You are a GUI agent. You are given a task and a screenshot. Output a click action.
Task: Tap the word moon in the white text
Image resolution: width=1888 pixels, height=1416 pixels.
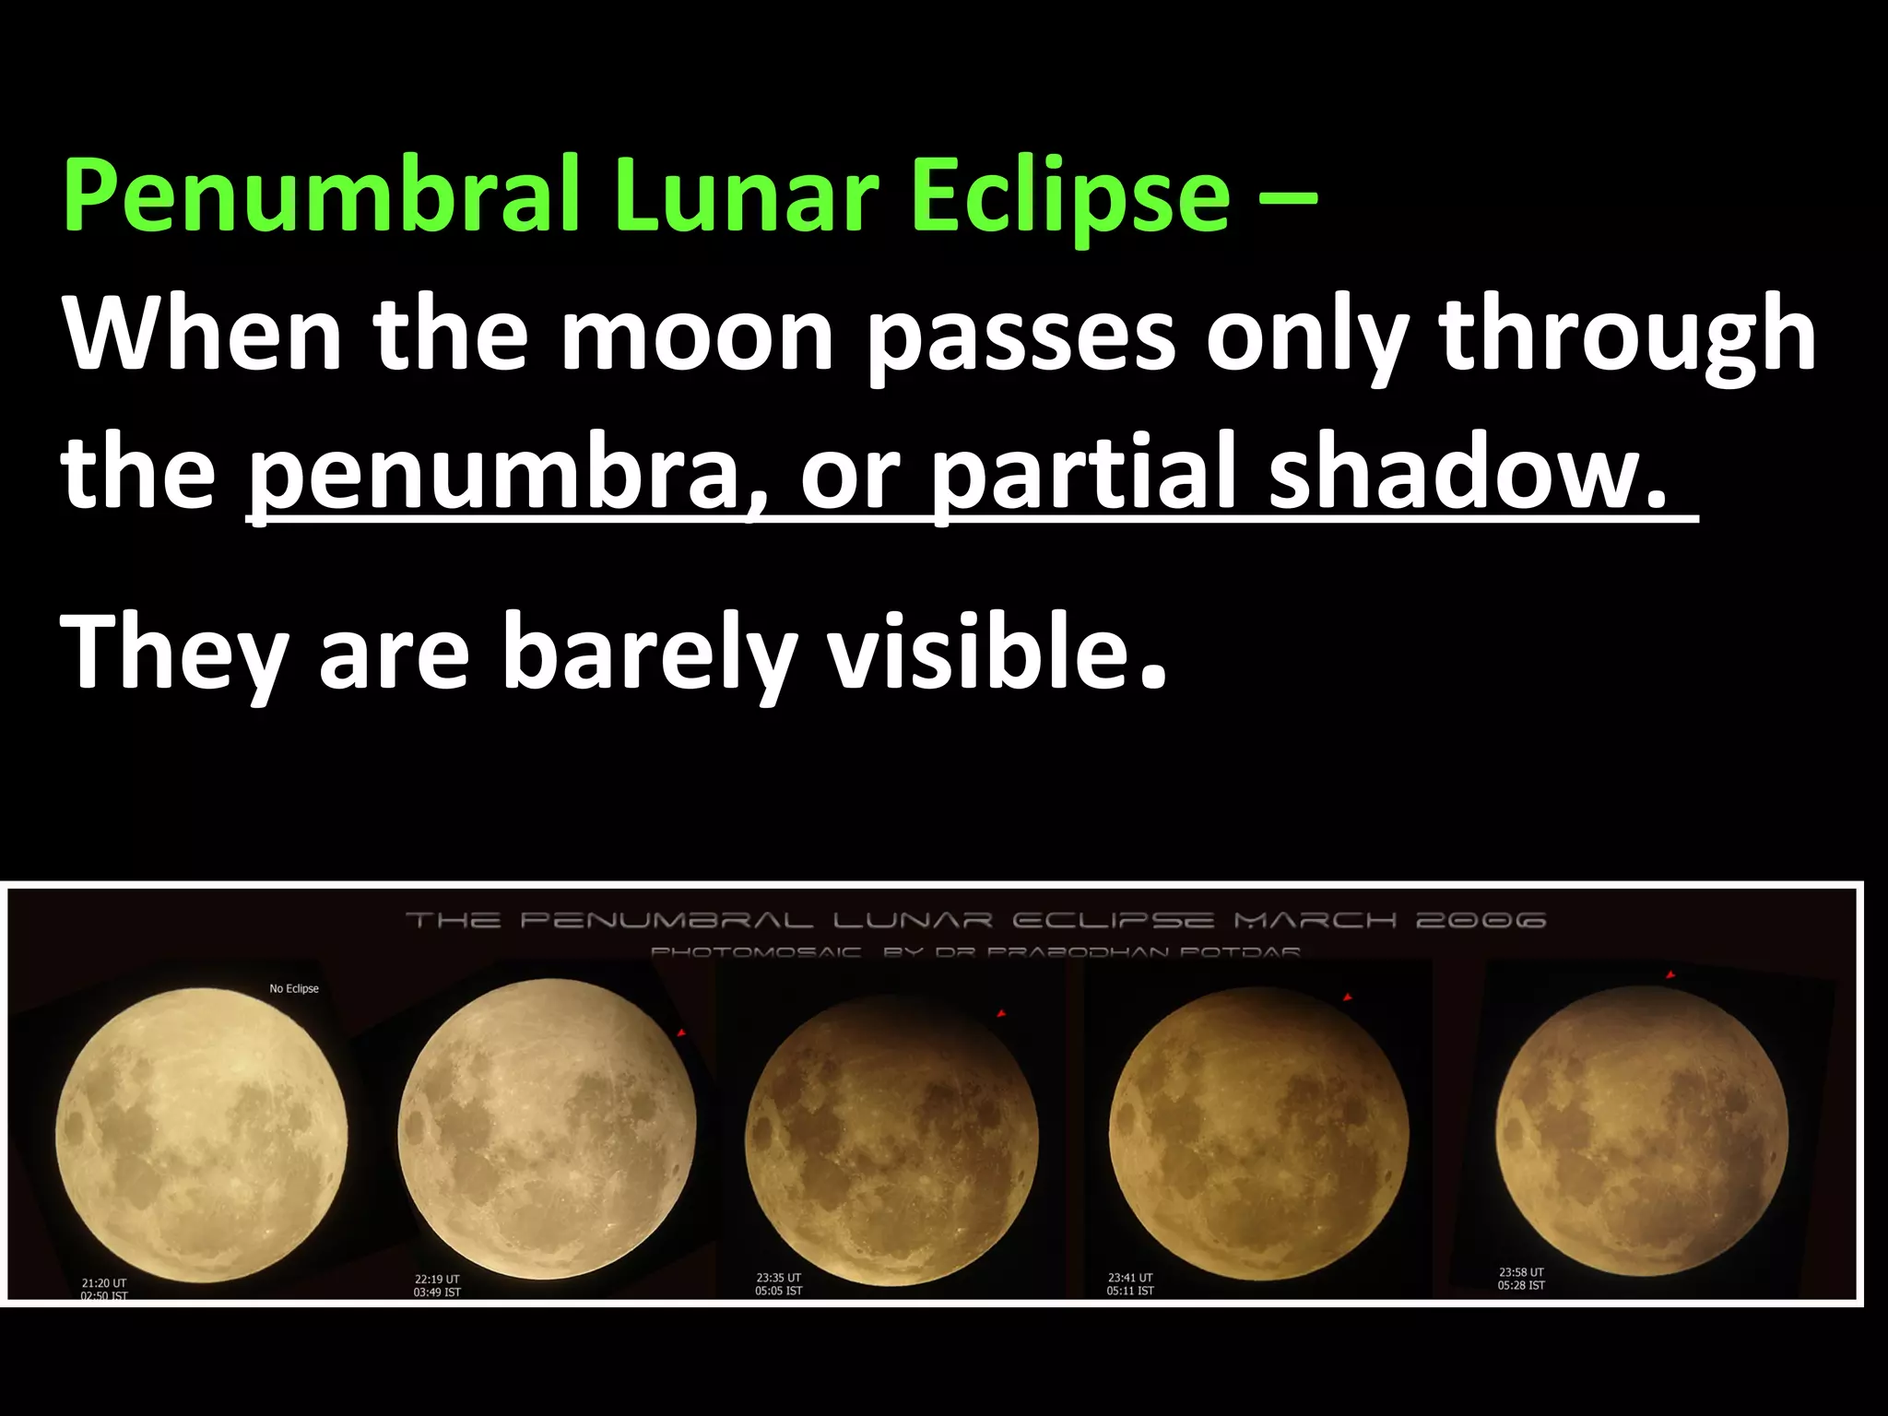coord(697,334)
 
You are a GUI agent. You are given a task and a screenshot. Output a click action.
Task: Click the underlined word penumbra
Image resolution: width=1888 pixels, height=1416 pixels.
coord(498,472)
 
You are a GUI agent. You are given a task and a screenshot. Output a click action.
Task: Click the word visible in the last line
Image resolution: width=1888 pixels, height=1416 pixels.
coord(979,651)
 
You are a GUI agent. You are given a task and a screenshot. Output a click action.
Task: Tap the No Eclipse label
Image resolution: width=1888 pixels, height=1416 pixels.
coord(294,988)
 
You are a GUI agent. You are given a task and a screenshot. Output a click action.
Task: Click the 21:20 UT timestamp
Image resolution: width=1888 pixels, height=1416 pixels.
coord(104,1282)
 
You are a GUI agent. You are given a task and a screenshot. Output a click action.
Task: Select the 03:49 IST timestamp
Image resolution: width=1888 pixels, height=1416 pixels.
coord(437,1292)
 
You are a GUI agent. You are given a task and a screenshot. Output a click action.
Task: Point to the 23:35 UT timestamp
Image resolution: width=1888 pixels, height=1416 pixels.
coord(779,1278)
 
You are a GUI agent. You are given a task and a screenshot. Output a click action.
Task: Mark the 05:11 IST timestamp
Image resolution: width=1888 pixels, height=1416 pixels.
coord(1130,1291)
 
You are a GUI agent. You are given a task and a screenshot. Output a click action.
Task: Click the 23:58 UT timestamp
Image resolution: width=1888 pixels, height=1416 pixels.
coord(1521,1272)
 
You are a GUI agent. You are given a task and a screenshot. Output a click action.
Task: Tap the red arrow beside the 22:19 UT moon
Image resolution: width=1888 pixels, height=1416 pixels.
coord(681,1033)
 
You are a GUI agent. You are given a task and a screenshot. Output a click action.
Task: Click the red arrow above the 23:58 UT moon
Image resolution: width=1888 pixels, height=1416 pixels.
coord(1670,975)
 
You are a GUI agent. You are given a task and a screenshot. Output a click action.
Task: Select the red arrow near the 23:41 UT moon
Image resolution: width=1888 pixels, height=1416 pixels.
coord(1347,998)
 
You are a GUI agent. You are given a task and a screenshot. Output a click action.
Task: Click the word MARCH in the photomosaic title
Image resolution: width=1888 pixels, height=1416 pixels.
coord(1315,920)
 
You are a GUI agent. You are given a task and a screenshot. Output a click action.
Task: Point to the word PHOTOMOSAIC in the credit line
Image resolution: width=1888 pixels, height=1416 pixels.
coord(756,951)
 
